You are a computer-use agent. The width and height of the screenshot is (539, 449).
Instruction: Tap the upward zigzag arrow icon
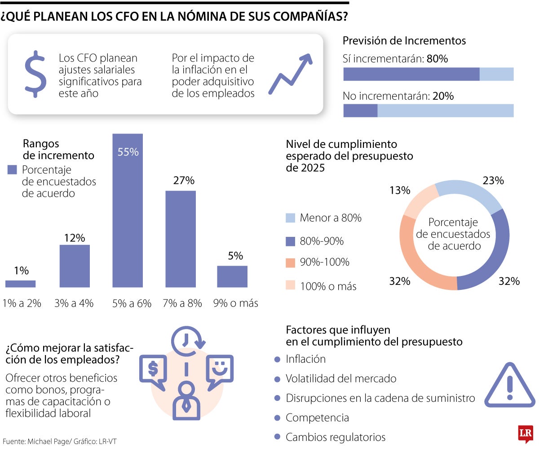[290, 74]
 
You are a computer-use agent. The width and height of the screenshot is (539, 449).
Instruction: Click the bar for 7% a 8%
[181, 239]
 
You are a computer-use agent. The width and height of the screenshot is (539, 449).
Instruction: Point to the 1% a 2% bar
[21, 284]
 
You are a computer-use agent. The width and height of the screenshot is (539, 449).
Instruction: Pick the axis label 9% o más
[235, 303]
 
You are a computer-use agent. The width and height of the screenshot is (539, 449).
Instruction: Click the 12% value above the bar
[74, 238]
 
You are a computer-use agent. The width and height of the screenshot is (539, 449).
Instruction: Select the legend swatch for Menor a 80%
[291, 218]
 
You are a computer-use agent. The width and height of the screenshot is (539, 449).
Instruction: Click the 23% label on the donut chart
[493, 181]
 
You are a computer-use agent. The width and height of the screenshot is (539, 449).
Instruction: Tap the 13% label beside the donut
[400, 190]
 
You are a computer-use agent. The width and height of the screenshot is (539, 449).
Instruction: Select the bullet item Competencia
[317, 418]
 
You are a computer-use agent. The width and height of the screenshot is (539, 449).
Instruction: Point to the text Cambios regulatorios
[336, 437]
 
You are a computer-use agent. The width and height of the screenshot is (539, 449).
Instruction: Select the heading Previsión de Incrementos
[404, 40]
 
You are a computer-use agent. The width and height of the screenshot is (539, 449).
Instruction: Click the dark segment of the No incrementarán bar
[360, 111]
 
